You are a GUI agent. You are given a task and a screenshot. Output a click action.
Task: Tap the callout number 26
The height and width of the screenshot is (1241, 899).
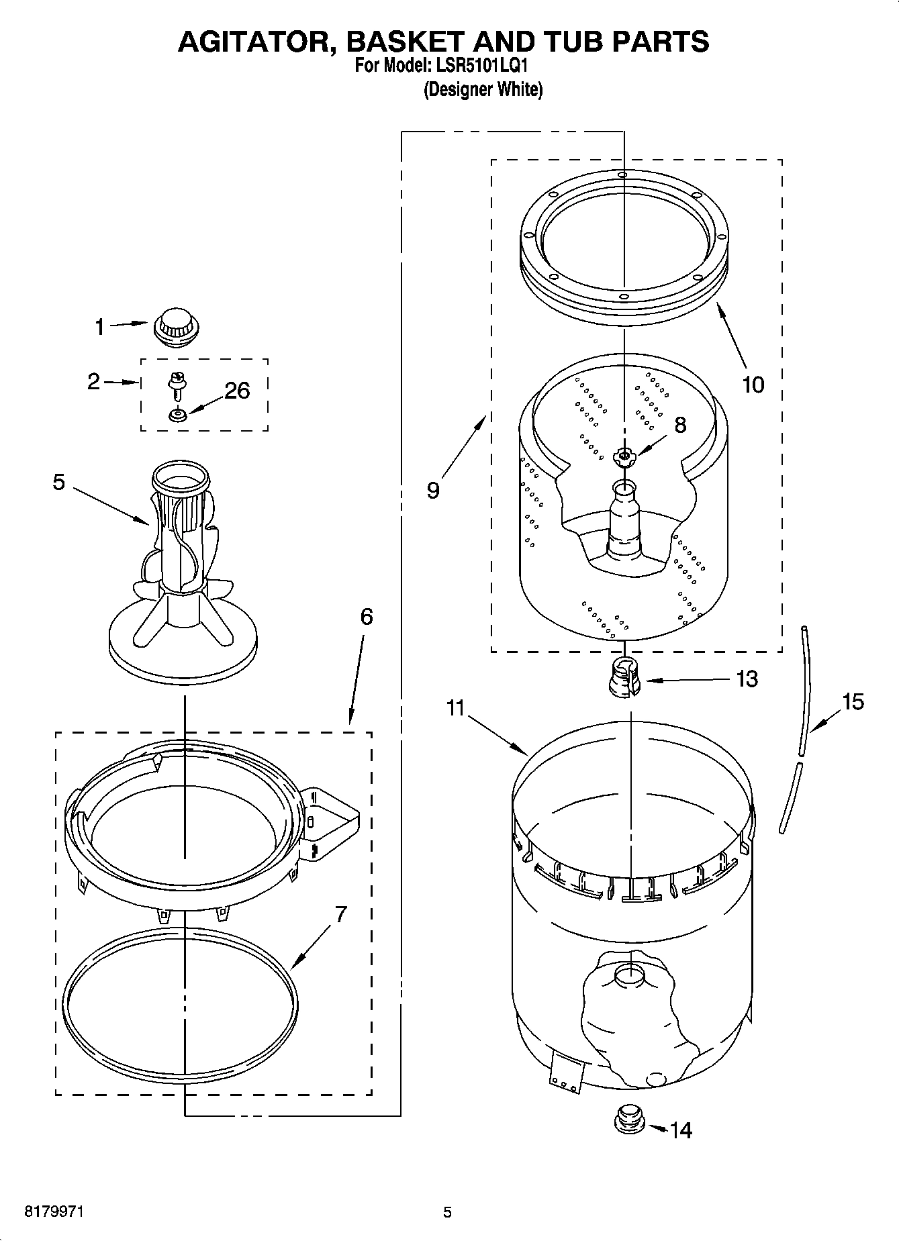(x=237, y=391)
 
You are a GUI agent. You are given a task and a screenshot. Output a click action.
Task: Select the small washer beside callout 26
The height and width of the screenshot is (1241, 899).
(x=178, y=416)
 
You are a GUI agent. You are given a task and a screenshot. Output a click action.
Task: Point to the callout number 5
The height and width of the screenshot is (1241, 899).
(x=59, y=482)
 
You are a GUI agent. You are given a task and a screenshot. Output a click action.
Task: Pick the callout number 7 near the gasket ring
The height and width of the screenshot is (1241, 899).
(x=340, y=914)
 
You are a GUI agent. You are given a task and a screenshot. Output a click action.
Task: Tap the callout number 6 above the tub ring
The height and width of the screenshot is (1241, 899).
(x=366, y=616)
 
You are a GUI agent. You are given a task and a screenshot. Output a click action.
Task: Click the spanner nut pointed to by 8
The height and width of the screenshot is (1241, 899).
(x=624, y=457)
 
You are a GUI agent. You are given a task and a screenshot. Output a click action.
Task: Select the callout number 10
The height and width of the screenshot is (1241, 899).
(x=753, y=385)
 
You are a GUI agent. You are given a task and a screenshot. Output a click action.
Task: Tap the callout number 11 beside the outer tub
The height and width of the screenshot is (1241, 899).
(x=456, y=707)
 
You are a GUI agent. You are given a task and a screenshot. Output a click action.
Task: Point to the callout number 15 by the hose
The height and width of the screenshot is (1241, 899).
(x=853, y=702)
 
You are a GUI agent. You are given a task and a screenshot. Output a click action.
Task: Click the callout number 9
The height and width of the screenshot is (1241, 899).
(x=433, y=491)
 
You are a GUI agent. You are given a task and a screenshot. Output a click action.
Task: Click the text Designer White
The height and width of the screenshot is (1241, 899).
(x=483, y=89)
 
